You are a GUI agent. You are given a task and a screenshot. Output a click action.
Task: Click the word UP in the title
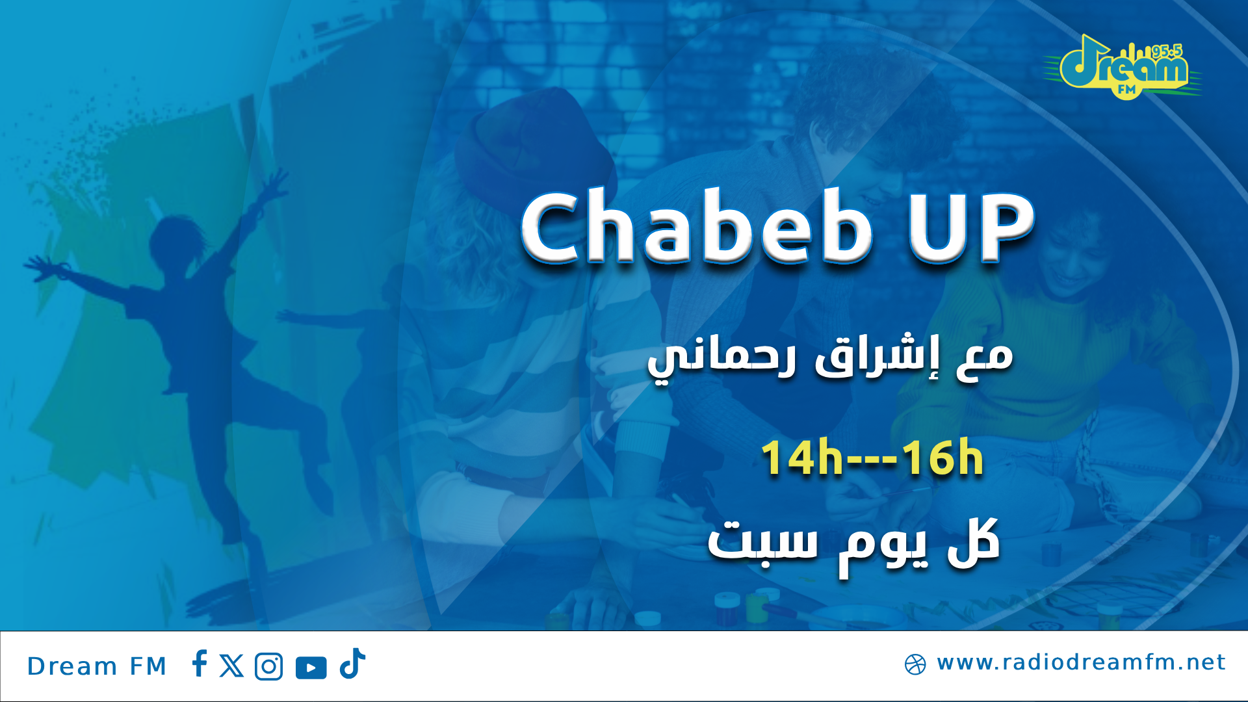(x=970, y=227)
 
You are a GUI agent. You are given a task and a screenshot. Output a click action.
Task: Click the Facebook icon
(x=200, y=664)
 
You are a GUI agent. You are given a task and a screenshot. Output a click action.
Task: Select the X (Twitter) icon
(x=231, y=666)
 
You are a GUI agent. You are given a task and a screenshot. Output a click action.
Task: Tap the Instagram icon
(x=269, y=667)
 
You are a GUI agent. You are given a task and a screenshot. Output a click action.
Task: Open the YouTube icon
(x=311, y=668)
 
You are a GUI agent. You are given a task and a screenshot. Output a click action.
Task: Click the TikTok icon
(x=352, y=664)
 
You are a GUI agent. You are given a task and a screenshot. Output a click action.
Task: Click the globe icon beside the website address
(x=915, y=664)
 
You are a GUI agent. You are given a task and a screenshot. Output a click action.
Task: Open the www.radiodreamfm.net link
(x=1081, y=663)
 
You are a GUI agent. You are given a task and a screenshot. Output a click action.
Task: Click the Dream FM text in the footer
(x=97, y=666)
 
